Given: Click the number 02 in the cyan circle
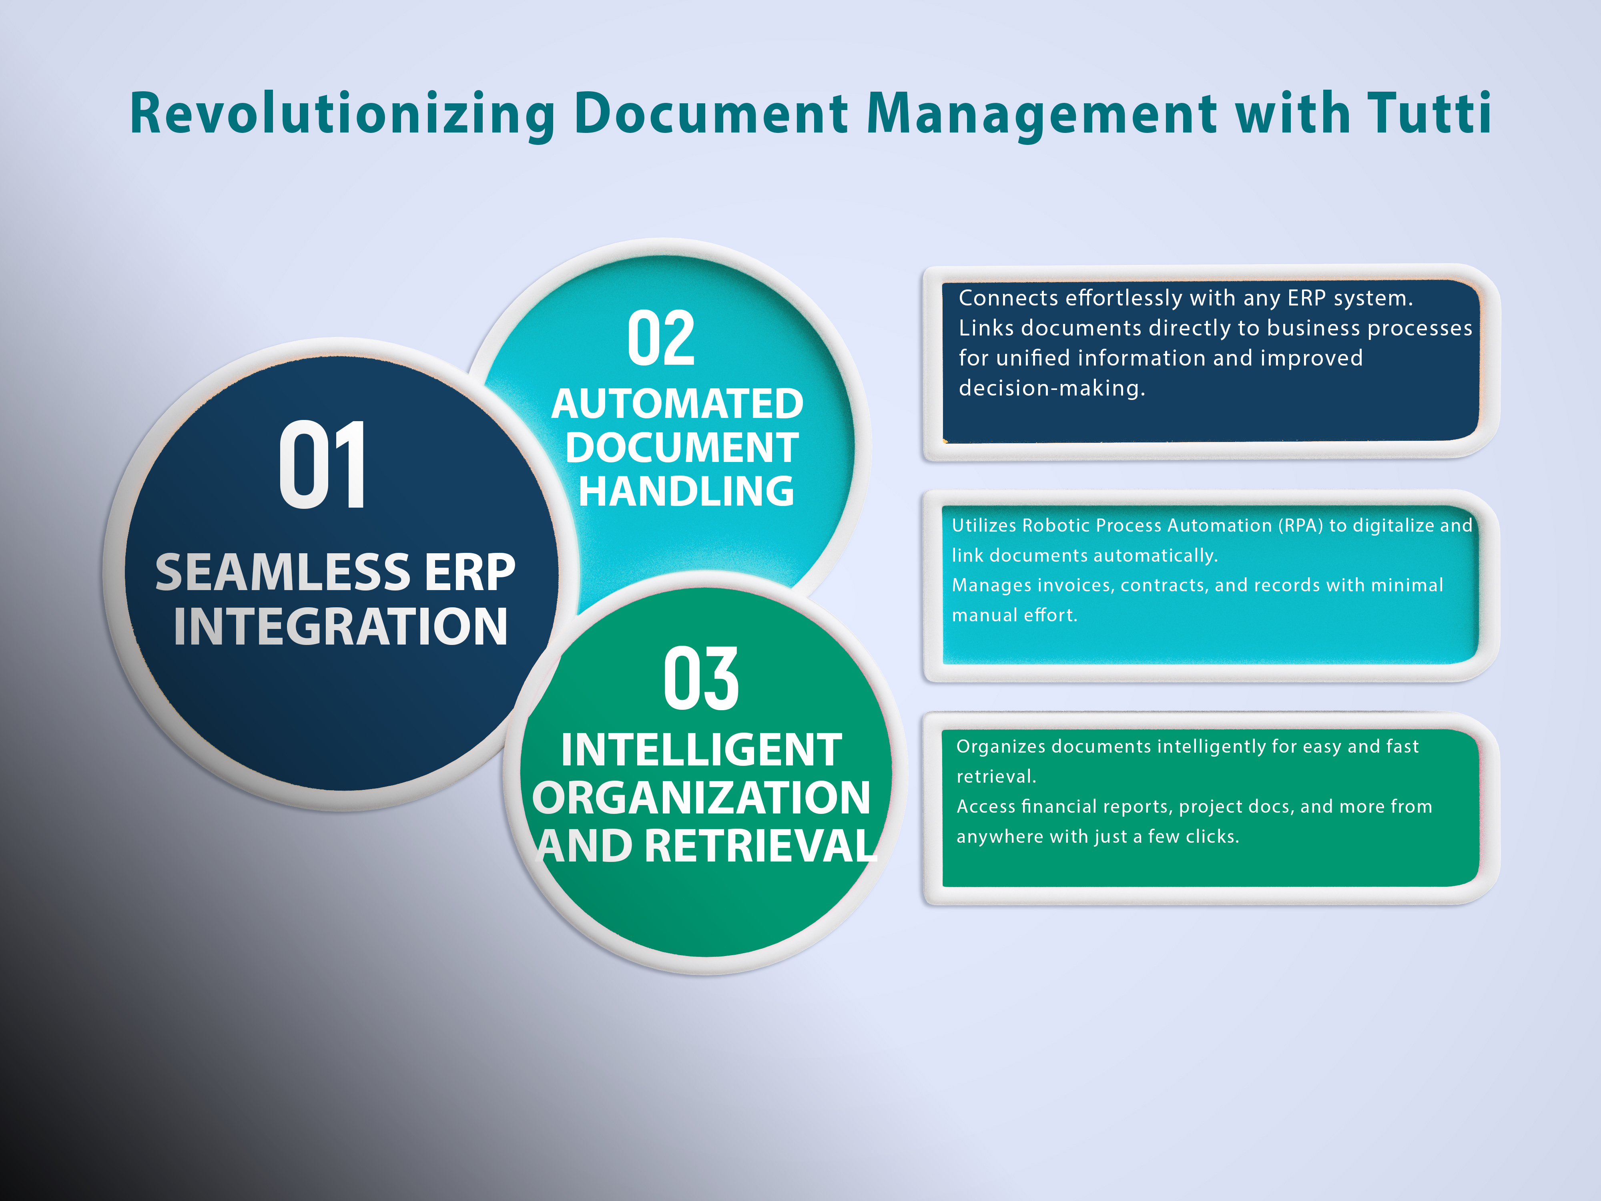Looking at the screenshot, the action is [x=661, y=338].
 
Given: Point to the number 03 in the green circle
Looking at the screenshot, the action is [x=700, y=679].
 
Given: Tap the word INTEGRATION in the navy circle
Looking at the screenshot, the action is [x=340, y=626].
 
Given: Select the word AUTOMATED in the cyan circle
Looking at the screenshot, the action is [x=678, y=404].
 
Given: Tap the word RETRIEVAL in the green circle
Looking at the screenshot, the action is [x=761, y=846].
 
